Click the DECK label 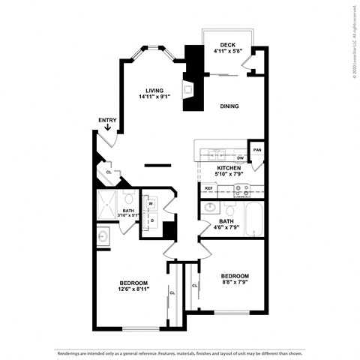click(223, 45)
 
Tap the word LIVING click(154, 90)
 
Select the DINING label click(229, 106)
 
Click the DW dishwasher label click(240, 158)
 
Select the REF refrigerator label click(208, 187)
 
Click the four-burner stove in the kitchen click(241, 190)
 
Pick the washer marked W click(151, 203)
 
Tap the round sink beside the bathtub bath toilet click(210, 207)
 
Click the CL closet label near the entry click(109, 172)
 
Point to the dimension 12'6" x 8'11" click(133, 289)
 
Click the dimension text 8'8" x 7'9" click(235, 283)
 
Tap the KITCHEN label click(229, 168)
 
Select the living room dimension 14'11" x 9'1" click(154, 97)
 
